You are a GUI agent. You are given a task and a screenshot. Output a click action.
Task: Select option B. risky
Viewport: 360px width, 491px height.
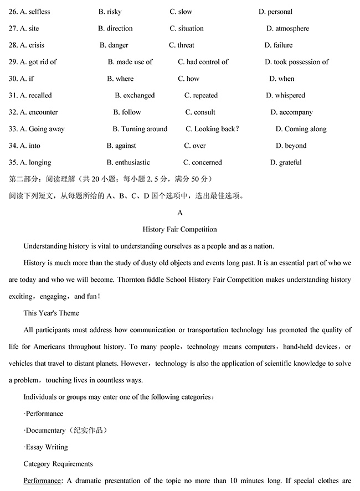110,12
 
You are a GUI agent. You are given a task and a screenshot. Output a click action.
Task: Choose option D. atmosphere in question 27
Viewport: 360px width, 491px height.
287,28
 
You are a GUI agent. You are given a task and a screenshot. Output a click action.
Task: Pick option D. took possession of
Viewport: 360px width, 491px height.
296,62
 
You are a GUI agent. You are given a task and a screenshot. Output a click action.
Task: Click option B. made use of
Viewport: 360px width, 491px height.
130,62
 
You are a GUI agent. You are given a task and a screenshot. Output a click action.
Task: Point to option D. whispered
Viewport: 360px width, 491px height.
285,95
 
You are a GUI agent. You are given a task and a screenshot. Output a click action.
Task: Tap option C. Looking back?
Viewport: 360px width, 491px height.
212,129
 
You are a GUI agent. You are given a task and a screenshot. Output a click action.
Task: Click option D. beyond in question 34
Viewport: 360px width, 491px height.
291,146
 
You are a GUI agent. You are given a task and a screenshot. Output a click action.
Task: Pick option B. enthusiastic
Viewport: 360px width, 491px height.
128,162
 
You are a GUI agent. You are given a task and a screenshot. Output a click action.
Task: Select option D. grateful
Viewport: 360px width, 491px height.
286,162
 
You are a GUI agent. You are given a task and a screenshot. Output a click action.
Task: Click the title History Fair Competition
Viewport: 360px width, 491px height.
179,229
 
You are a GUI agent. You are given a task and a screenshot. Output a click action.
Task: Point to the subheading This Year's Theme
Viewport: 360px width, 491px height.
51,313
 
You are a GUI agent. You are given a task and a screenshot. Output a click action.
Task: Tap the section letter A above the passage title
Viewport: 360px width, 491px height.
179,213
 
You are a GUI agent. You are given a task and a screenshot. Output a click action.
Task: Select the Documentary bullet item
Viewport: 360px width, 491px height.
63,430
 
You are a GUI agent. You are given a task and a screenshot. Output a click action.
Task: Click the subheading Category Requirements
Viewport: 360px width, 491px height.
58,464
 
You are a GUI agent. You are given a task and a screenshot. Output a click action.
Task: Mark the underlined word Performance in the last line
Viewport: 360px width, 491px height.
41,480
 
